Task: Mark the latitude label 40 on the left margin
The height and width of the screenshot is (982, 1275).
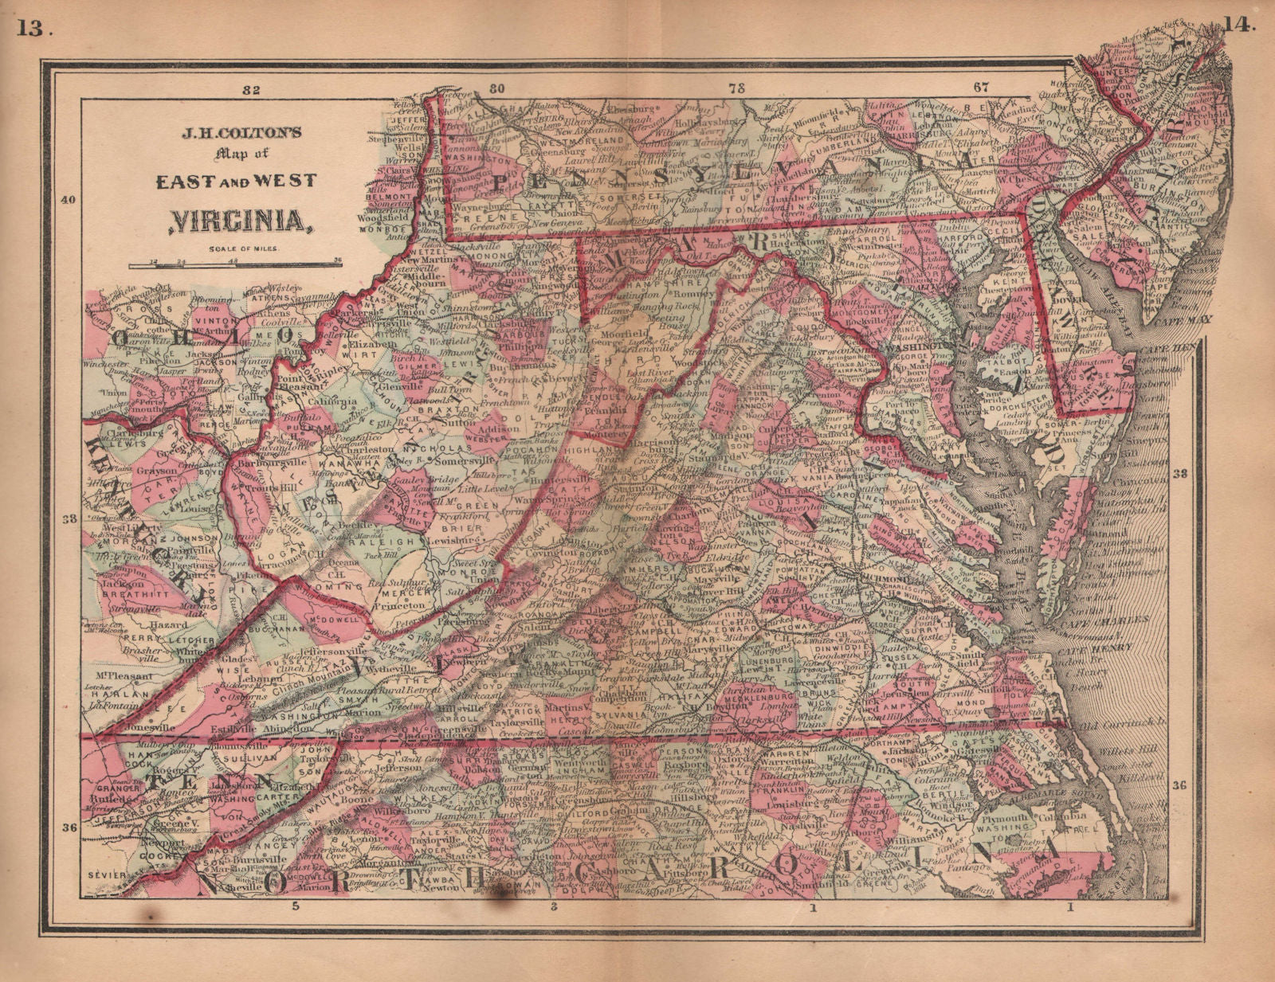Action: (x=69, y=200)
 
